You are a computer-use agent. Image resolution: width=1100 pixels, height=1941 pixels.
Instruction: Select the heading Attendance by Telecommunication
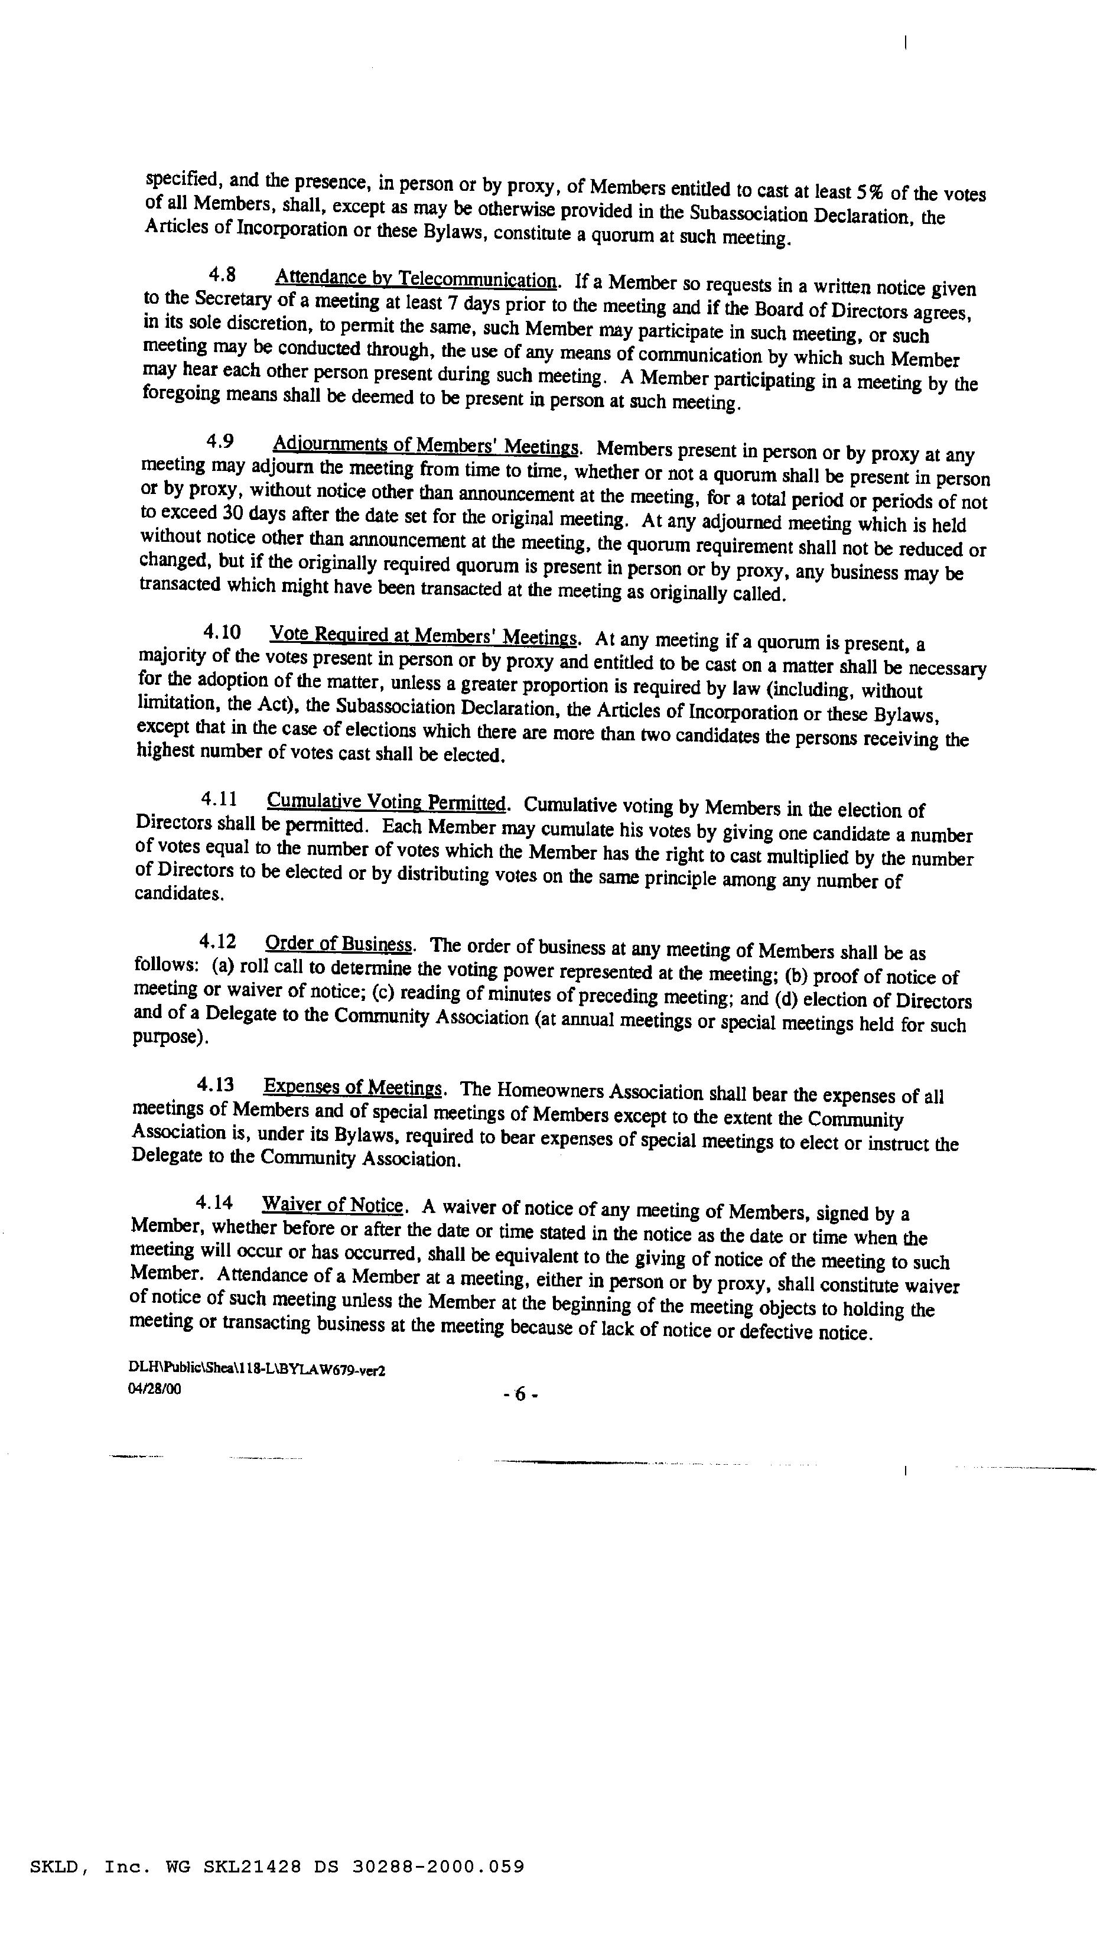click(416, 279)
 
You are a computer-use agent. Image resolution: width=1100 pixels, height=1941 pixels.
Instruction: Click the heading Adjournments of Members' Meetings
click(425, 445)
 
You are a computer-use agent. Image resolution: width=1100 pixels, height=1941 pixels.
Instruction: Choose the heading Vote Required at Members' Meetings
click(424, 636)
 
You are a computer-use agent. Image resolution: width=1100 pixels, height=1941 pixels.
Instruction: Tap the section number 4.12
click(217, 941)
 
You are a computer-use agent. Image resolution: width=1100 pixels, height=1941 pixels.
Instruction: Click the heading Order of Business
click(339, 944)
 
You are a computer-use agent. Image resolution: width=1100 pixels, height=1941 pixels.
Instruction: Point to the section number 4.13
click(215, 1085)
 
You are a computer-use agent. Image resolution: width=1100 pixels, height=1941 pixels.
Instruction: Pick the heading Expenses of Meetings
click(352, 1088)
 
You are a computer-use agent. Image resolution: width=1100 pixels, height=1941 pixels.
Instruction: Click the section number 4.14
click(214, 1201)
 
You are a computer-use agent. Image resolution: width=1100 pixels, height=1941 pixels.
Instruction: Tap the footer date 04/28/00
click(155, 1389)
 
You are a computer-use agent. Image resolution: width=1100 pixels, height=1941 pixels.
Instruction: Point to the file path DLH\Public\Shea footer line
click(257, 1370)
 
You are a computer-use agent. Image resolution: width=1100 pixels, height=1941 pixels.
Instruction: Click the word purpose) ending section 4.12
click(170, 1038)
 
